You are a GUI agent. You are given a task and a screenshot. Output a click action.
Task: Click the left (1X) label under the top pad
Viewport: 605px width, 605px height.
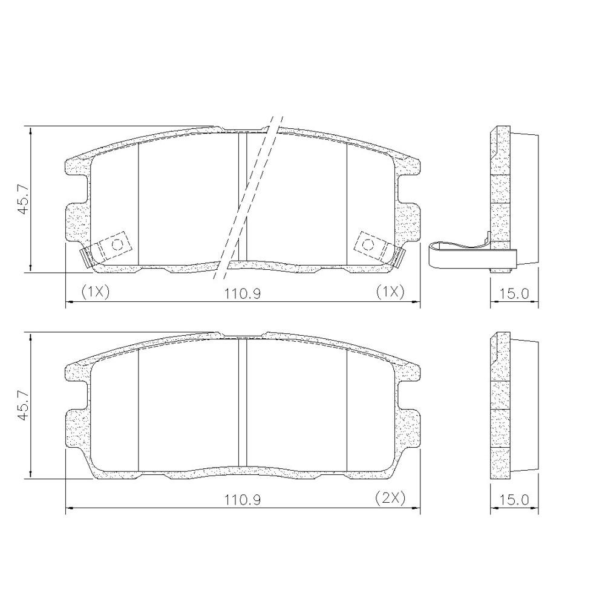tap(95, 292)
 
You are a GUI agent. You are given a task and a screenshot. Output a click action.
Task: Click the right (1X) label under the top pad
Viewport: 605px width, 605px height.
tap(390, 292)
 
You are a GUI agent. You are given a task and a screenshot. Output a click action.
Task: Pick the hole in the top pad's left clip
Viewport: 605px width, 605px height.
tap(117, 244)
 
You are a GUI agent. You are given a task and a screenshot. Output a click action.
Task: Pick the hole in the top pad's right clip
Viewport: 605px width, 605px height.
tap(367, 244)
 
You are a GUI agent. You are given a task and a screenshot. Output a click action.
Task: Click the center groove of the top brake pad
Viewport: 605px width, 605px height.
tap(243, 200)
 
